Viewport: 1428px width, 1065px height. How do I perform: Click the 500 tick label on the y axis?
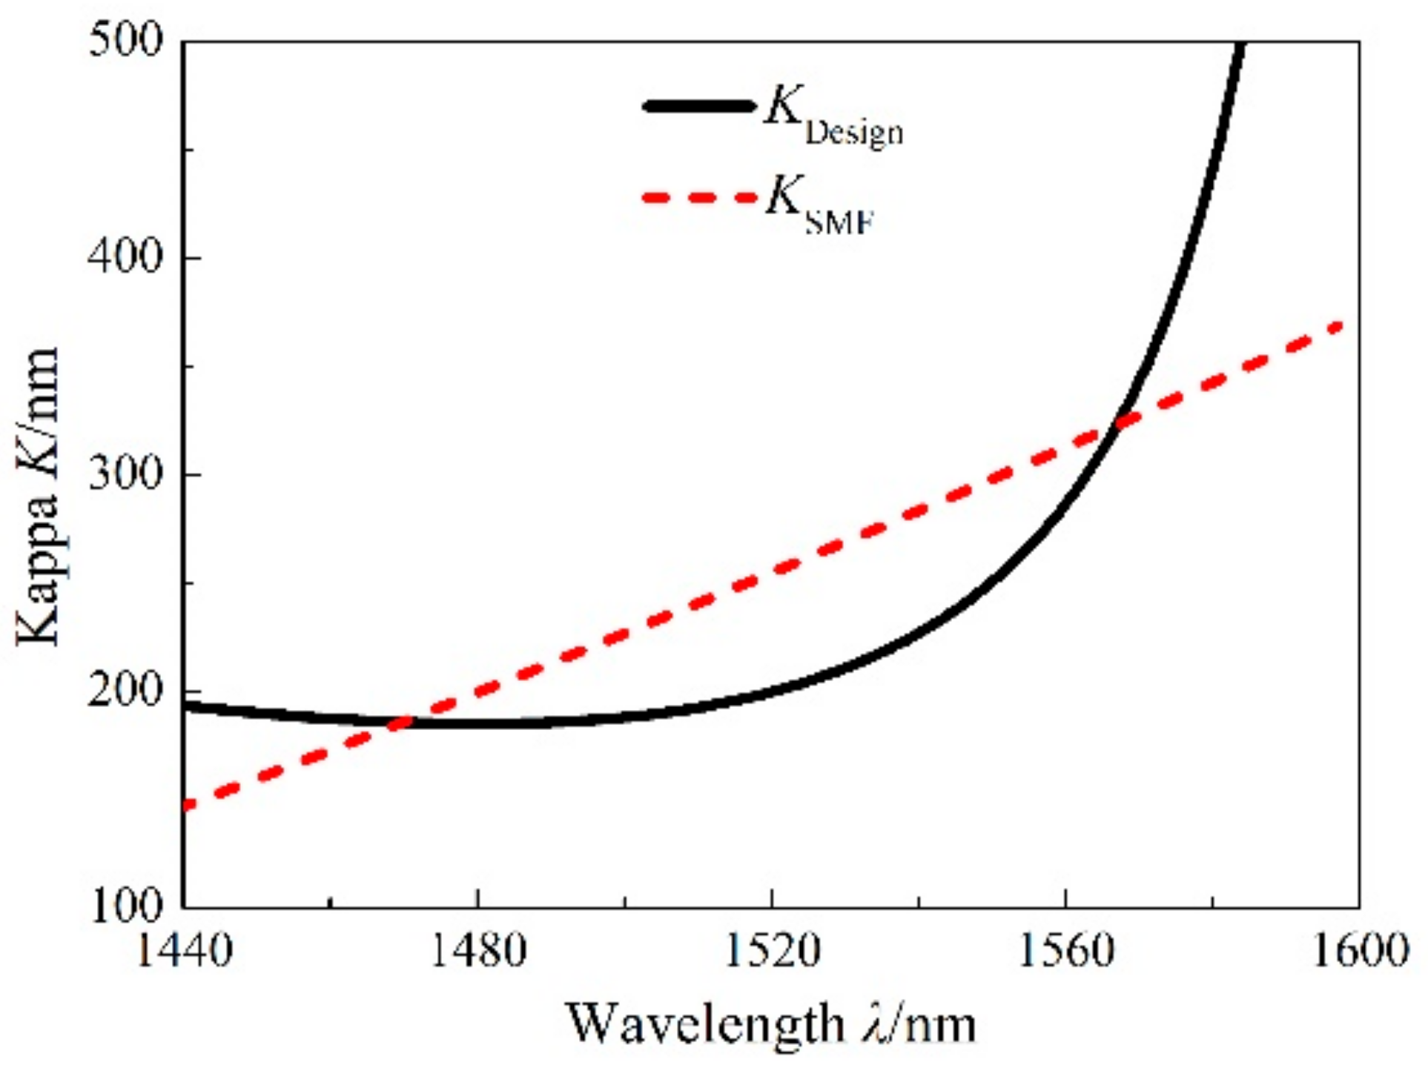(x=125, y=40)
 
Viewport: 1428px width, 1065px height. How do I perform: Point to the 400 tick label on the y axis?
(x=125, y=258)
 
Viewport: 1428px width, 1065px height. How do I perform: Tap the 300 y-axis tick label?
(x=125, y=474)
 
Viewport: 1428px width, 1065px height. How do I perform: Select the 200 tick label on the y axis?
(x=125, y=691)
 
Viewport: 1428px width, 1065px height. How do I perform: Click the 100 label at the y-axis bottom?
(x=125, y=906)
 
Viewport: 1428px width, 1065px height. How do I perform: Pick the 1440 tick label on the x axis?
(x=184, y=952)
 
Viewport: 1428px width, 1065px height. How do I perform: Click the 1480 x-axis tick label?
(x=478, y=952)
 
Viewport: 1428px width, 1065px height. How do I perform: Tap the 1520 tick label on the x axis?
(x=772, y=952)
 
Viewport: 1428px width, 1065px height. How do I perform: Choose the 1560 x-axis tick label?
(x=1065, y=952)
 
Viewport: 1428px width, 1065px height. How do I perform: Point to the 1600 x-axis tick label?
(x=1359, y=952)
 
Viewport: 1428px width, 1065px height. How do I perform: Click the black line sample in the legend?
(x=697, y=106)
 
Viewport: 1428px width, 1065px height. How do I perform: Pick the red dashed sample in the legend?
(x=697, y=198)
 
